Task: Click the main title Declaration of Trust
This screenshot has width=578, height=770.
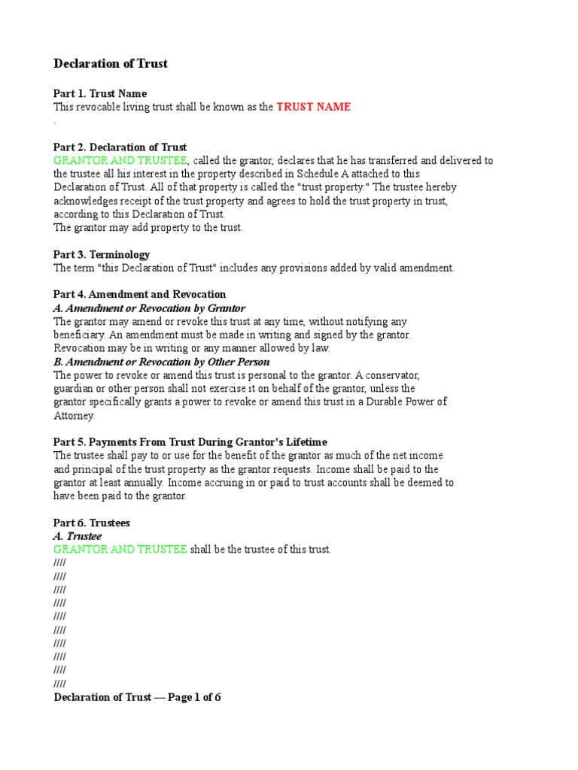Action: coord(111,64)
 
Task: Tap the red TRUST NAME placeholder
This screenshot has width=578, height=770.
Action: coord(313,107)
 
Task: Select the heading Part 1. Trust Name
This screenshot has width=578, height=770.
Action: coord(95,93)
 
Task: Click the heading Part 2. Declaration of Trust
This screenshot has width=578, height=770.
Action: coord(120,147)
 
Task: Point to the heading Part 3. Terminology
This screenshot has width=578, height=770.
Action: coord(102,255)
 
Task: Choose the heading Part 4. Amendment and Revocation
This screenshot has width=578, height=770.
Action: coord(139,295)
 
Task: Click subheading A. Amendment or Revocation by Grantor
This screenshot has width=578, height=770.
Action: coord(149,308)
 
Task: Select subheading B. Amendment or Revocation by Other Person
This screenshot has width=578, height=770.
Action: coord(161,362)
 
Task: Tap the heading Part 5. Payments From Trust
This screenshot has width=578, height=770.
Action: coord(190,442)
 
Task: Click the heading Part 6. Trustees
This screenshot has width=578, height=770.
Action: coord(92,523)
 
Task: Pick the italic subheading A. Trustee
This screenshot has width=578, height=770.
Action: coord(78,536)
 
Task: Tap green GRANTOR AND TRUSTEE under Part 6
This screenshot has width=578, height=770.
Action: coord(120,550)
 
